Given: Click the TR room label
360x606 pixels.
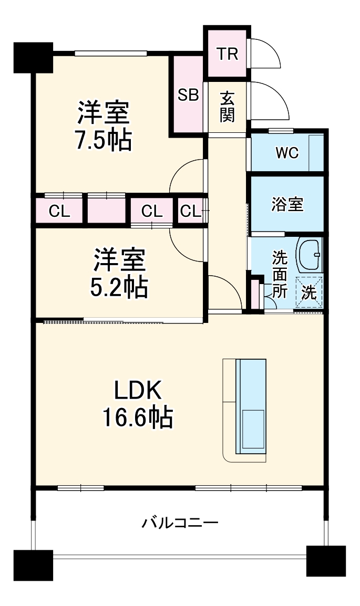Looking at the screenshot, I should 228,54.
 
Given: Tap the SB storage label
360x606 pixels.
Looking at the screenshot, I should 188,95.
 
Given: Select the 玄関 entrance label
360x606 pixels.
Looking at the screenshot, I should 227,107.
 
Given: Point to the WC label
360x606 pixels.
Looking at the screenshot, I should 287,153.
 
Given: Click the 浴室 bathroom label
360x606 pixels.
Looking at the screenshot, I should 287,204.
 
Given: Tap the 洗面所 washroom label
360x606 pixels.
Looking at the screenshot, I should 279,274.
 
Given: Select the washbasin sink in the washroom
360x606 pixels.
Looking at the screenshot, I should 310,255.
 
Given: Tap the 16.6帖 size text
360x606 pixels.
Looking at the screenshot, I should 138,417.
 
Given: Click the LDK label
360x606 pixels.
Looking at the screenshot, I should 137,390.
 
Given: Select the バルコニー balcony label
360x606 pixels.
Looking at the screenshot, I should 180,523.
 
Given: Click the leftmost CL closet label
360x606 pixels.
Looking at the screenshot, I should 59,211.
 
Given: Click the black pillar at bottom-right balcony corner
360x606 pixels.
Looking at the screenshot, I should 326,561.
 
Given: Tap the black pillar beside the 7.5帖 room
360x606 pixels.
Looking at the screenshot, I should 33,57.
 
